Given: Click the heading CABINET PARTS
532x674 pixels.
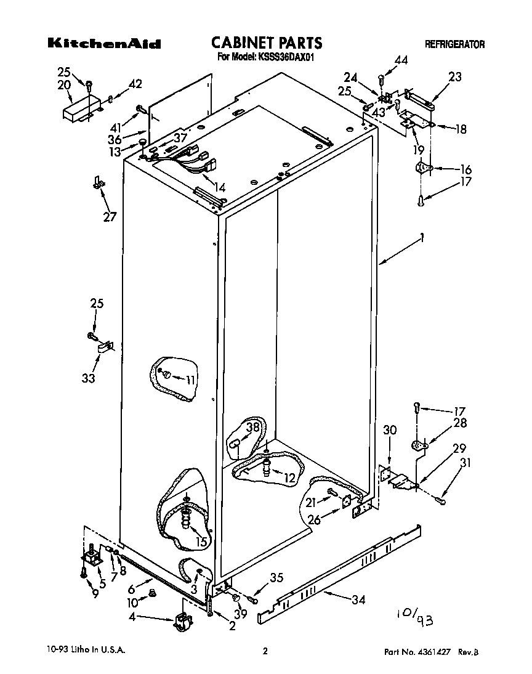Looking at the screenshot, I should [267, 43].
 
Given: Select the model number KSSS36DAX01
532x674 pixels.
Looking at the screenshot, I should [286, 58].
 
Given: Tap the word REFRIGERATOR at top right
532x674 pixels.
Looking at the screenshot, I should [454, 44].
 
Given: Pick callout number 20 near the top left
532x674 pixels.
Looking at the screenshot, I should [64, 85].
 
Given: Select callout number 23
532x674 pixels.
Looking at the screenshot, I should [454, 77].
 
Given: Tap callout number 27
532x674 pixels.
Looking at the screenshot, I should [110, 217].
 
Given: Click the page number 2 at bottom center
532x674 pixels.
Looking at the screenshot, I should [265, 651].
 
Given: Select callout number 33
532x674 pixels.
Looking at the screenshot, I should [89, 378].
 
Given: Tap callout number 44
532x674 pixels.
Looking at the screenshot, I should [401, 60].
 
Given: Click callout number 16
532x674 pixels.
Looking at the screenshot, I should [465, 169].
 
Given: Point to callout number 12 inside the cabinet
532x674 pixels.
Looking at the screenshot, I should [289, 477].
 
